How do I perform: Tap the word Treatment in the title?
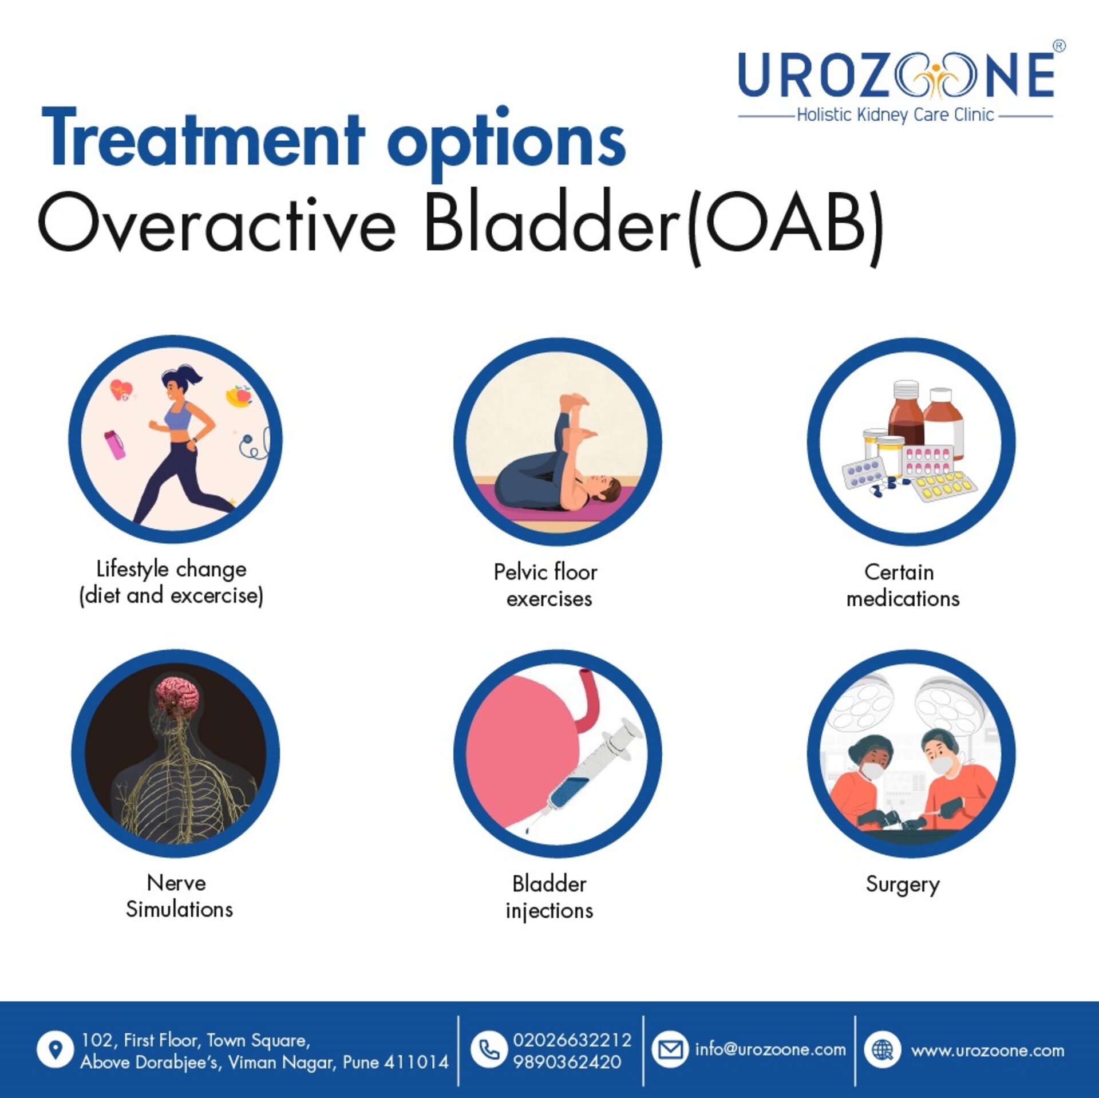(203, 139)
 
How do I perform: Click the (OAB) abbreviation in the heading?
(785, 227)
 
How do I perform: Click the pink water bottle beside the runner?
(114, 445)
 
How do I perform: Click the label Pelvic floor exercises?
(547, 585)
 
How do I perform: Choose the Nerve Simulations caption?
(179, 896)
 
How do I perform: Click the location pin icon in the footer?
(55, 1049)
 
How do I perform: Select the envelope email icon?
(670, 1049)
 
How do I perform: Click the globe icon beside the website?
(882, 1050)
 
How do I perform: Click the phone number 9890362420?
(567, 1062)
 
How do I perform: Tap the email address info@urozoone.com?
(770, 1049)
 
